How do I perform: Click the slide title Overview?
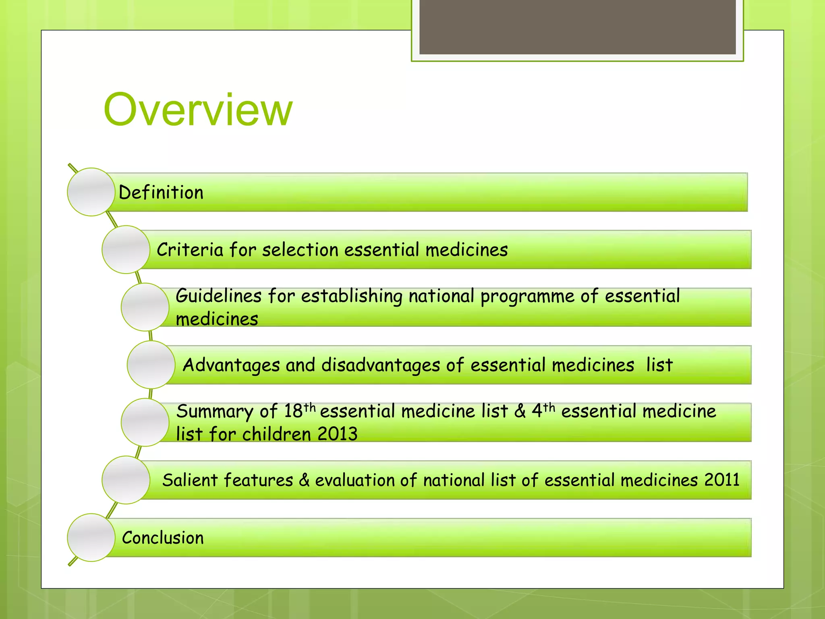198,110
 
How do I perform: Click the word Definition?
161,193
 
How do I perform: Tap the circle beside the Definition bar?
91,192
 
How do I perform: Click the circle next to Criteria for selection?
126,249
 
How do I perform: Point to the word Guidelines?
219,296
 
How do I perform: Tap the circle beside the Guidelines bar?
145,307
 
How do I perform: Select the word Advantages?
231,366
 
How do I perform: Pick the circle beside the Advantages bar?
151,365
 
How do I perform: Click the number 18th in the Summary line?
299,411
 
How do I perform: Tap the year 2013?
337,434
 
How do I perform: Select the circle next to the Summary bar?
145,422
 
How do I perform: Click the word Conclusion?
163,538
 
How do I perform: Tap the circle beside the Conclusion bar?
91,538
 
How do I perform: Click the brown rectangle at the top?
577,27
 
